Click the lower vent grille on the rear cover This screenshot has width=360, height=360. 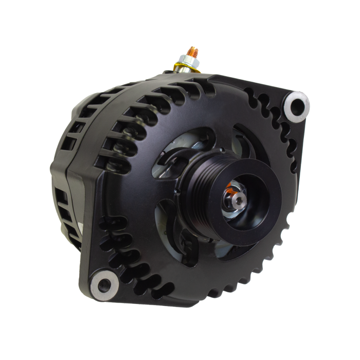tap(64, 206)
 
